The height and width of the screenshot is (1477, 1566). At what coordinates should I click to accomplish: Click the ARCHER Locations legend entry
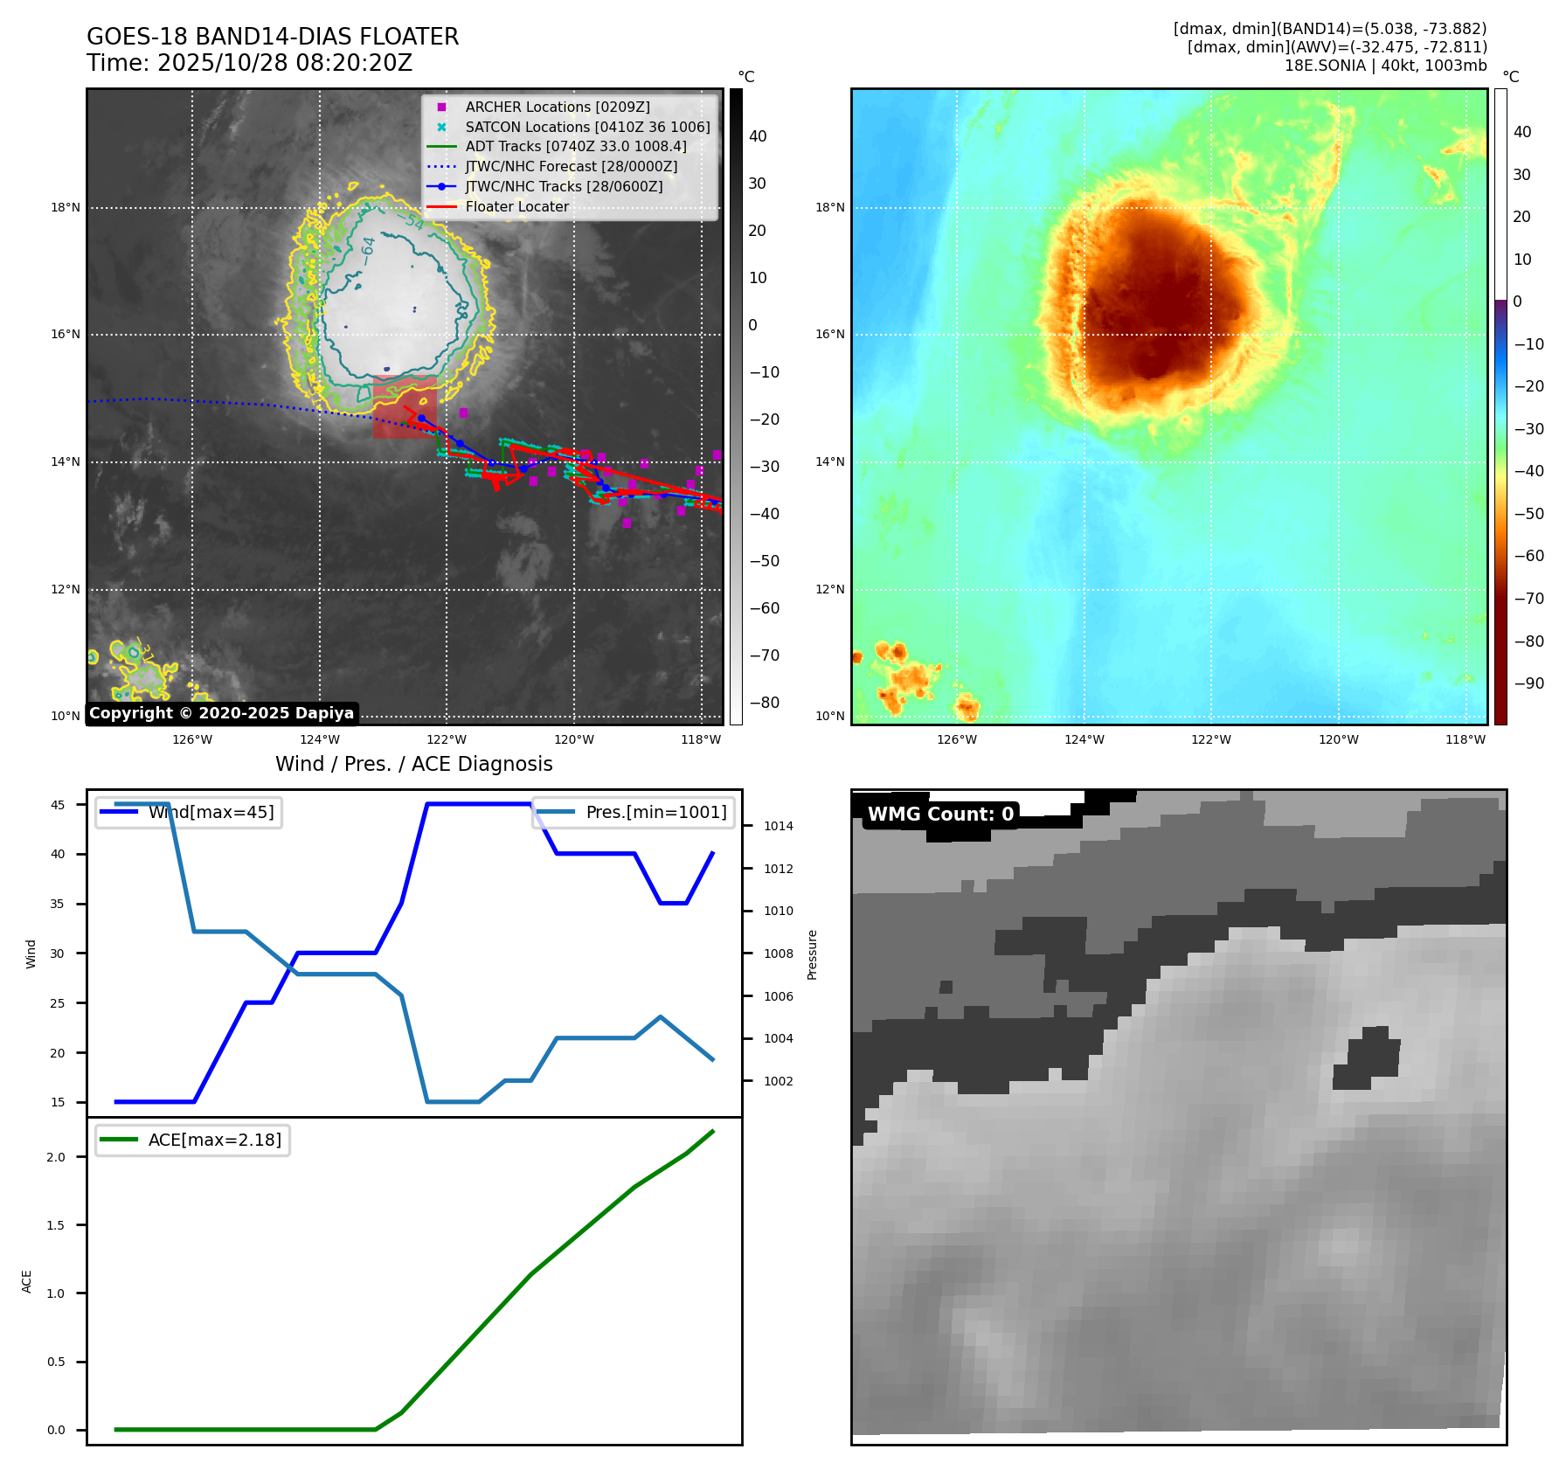point(557,107)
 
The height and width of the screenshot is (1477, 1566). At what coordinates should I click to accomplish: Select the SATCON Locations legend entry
point(587,127)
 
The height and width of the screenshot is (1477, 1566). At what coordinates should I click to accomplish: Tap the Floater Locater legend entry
point(516,206)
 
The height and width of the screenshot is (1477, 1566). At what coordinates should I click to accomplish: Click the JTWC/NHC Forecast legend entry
point(571,166)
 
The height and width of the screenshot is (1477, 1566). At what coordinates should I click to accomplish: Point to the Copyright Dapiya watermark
point(221,713)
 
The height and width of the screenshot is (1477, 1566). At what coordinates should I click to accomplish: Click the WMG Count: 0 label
point(940,815)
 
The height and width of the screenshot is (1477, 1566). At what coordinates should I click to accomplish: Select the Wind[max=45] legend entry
point(211,812)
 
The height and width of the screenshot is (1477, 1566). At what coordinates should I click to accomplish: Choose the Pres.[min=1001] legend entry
point(655,812)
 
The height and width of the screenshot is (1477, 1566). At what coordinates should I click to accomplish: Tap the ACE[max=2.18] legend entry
point(214,1140)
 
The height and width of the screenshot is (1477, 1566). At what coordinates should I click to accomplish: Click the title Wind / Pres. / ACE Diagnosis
point(413,764)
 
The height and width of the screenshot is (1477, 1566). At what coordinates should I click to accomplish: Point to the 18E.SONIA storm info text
point(1385,66)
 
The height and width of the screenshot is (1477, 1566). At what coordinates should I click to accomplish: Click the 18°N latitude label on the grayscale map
point(66,208)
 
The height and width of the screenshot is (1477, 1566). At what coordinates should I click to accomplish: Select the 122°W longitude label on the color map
point(1210,739)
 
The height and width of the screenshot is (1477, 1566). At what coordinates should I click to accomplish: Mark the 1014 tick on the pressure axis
point(778,826)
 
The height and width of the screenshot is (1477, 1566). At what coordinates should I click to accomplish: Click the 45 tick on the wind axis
point(58,805)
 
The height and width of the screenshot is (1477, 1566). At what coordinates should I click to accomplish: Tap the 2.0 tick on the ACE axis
point(56,1157)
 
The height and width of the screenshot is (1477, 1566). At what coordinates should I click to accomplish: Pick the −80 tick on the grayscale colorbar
point(765,703)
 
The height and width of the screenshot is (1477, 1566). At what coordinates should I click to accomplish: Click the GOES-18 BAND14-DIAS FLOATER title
point(272,37)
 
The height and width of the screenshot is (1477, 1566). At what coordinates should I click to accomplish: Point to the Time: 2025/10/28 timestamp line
point(249,63)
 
